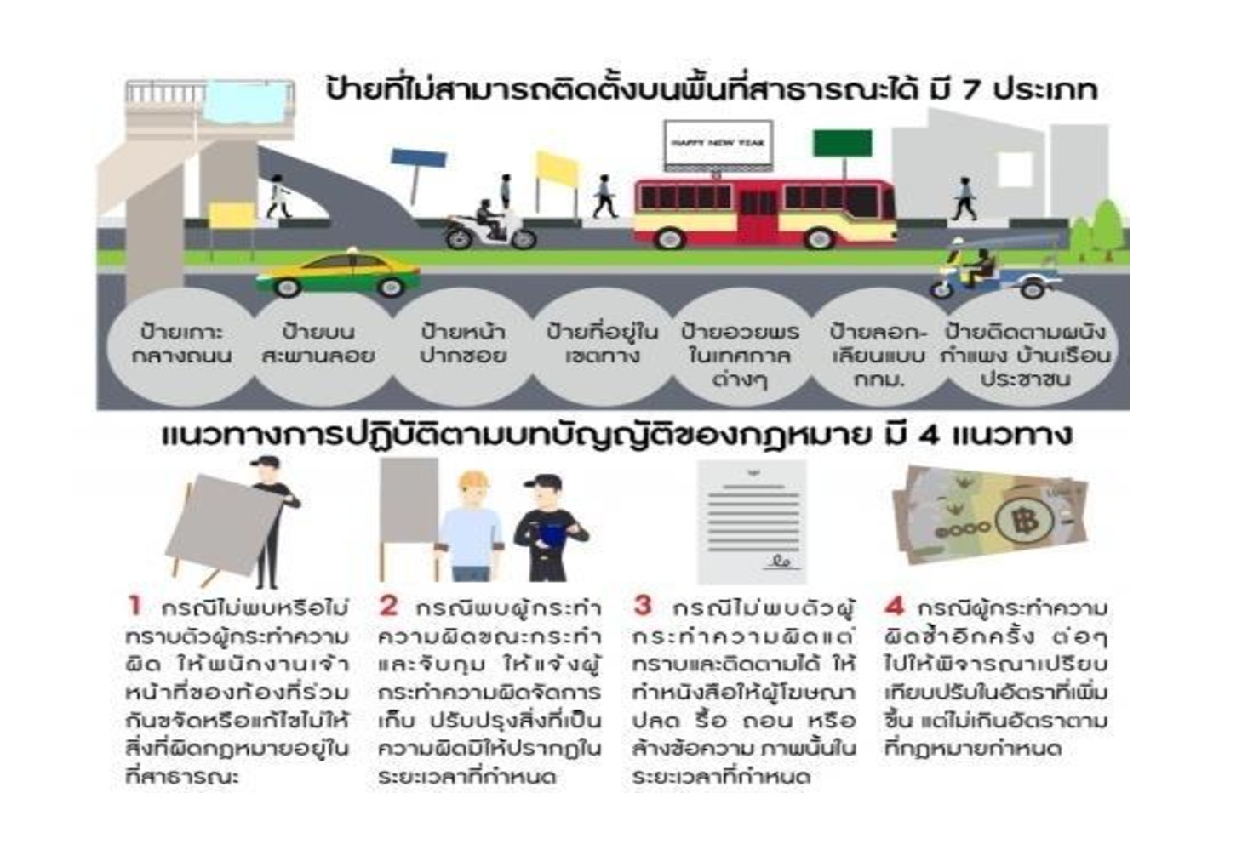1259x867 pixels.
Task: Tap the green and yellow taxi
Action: [339, 273]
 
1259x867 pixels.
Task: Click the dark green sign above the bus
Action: [842, 143]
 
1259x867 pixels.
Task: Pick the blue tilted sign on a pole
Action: [419, 159]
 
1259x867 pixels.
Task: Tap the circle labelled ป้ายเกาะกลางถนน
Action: [181, 345]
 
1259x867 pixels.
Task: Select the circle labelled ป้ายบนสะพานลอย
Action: [318, 345]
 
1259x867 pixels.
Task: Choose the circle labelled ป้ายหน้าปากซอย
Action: [462, 345]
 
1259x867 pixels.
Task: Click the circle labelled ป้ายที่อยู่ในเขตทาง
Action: [602, 345]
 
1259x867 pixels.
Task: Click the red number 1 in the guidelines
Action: [134, 606]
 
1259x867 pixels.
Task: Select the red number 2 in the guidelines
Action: [388, 606]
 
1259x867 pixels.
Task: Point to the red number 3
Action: [643, 606]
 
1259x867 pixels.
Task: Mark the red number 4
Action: [894, 606]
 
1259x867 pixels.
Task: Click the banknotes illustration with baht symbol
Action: [990, 515]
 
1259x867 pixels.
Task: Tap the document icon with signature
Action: [752, 522]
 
